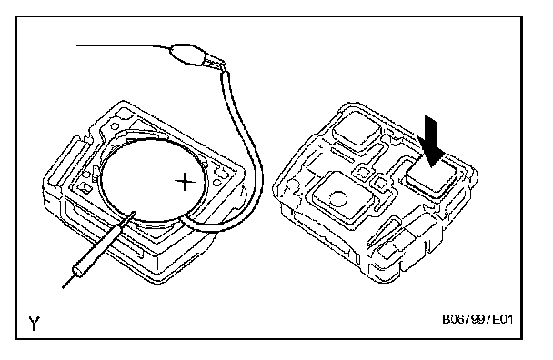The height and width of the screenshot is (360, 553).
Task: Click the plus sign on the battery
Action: click(x=185, y=182)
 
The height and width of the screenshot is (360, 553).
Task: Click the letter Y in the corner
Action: click(x=34, y=324)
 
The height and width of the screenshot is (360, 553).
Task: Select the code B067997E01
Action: click(x=478, y=320)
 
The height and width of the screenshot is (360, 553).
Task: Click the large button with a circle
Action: click(x=341, y=199)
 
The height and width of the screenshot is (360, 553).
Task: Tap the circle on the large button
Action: click(x=339, y=199)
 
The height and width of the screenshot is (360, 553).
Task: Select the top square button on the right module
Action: click(x=357, y=131)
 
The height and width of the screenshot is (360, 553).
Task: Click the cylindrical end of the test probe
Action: click(x=78, y=271)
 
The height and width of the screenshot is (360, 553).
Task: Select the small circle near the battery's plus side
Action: click(x=217, y=183)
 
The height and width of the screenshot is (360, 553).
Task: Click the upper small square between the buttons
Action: click(x=363, y=172)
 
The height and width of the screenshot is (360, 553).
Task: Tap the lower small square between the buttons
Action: click(x=381, y=183)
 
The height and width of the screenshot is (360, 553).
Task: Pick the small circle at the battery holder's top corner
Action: click(x=115, y=126)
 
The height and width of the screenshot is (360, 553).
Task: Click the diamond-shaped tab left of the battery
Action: click(x=85, y=187)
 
